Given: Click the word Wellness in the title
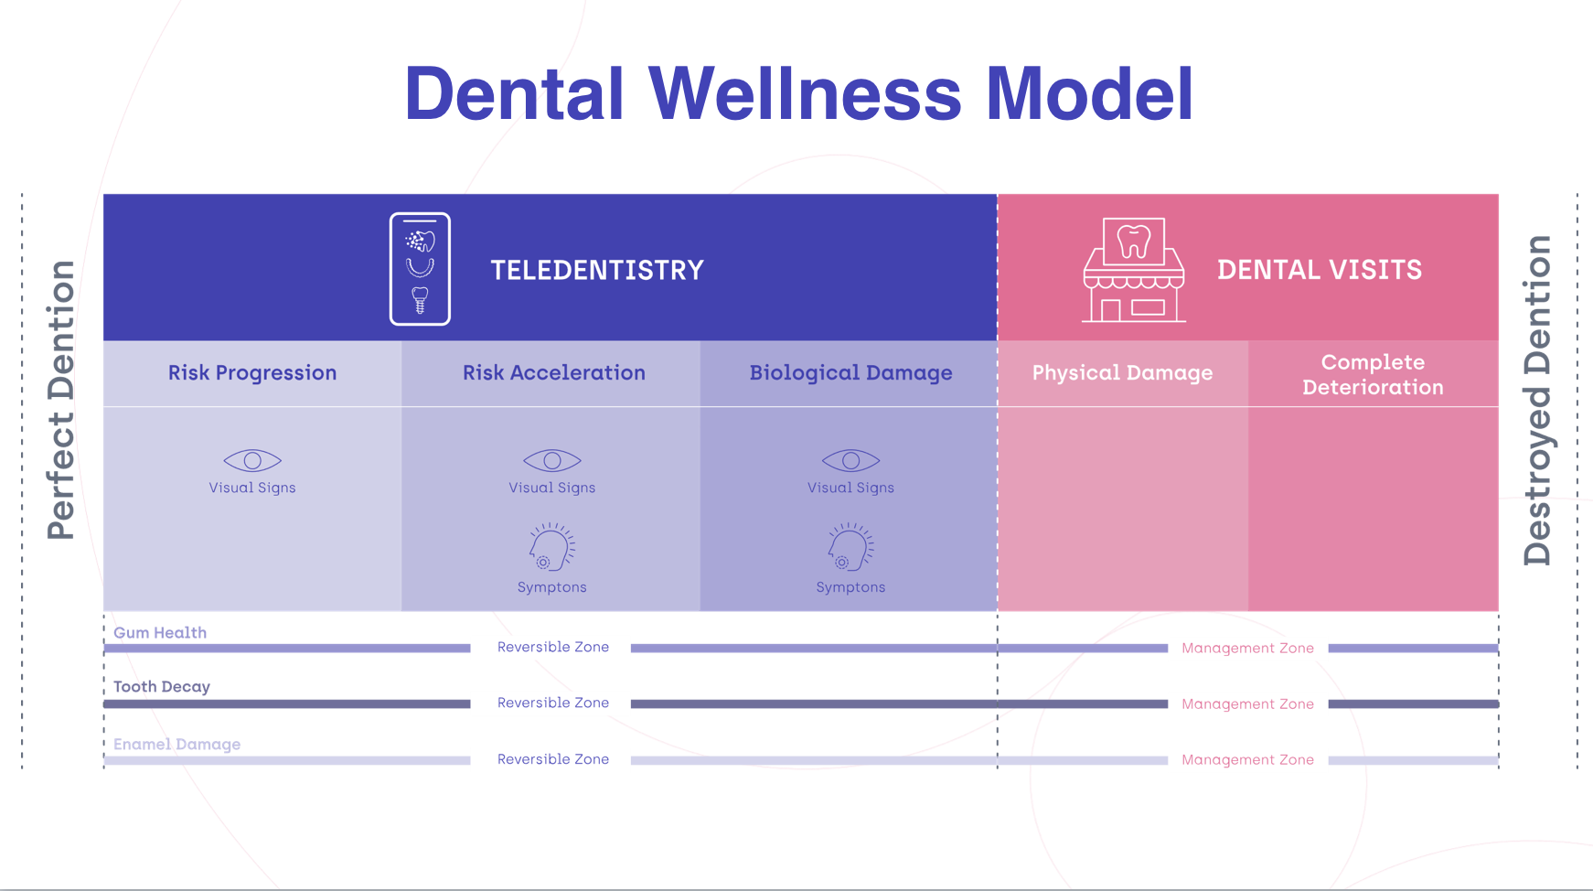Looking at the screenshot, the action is [805, 93].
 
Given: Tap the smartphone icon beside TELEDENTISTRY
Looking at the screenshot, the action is [420, 269].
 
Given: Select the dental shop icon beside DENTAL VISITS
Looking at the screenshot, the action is [1134, 270].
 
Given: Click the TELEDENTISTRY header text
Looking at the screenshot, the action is [597, 270].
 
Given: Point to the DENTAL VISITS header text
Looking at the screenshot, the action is [1320, 270].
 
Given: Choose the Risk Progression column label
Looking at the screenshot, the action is [252, 373].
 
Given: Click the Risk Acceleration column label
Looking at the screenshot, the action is [554, 373].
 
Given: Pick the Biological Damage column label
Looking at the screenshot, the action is [851, 373].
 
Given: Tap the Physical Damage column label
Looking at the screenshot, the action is [1123, 373].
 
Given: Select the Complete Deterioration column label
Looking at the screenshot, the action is [1374, 375].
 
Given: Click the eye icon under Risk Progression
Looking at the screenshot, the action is [252, 460].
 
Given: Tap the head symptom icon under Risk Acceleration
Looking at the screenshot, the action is [552, 547].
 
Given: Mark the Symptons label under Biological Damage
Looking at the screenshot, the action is [851, 587].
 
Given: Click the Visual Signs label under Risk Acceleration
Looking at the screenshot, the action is [552, 488].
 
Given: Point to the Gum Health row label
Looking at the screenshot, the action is [160, 633].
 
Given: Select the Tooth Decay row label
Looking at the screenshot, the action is [162, 687].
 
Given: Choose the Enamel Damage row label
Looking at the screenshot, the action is [177, 745].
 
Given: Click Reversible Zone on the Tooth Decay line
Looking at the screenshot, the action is [553, 703].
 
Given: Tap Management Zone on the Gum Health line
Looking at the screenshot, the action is [1248, 649].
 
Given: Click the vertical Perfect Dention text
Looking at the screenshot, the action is [61, 400].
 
